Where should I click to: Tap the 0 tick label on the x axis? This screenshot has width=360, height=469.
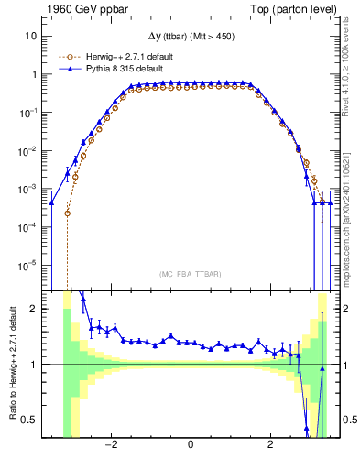click(x=190, y=445)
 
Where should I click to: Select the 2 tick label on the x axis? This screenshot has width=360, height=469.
click(x=269, y=445)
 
